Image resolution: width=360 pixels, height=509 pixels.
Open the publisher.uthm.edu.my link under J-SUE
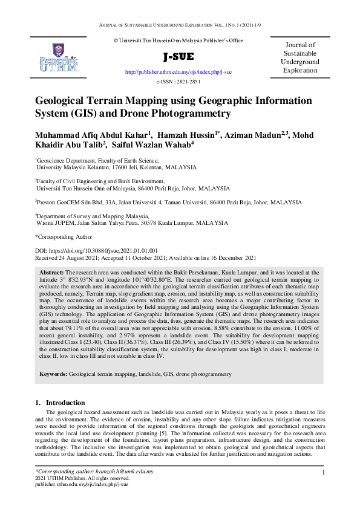point(178,72)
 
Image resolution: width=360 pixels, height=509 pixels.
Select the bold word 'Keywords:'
point(53,375)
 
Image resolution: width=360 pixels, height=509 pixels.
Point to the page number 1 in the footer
point(324,472)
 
